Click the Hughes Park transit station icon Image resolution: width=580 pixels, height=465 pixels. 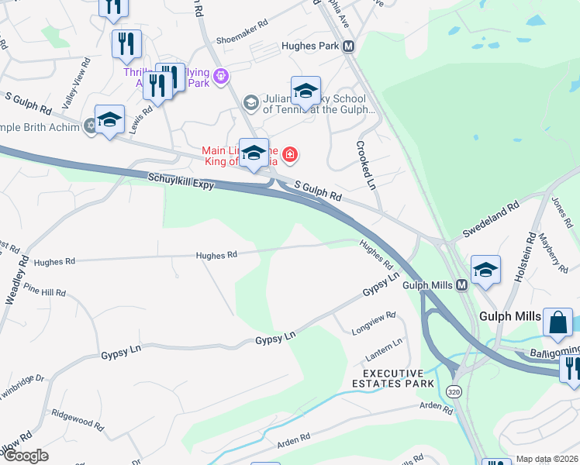(349, 46)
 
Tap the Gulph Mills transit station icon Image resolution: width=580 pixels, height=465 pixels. (461, 285)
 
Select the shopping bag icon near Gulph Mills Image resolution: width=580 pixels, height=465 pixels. (558, 322)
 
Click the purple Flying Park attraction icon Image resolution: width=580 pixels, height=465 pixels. (221, 76)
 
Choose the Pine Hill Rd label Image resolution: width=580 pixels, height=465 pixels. (45, 292)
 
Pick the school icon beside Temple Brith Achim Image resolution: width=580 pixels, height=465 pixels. (109, 119)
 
